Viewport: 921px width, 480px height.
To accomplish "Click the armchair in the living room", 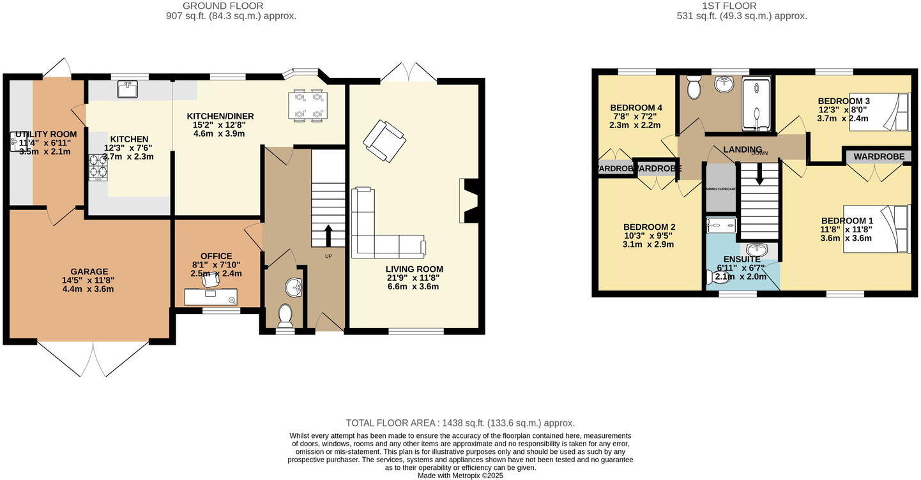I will coord(384,140).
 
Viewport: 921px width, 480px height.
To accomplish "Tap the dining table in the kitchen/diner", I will coord(308,105).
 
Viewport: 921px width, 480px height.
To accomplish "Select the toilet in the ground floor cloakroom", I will coord(285,314).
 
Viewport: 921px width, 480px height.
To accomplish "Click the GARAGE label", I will coord(89,271).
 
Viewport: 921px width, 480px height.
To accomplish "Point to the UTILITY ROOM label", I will coord(46,134).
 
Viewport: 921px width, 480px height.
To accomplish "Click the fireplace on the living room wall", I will coord(468,200).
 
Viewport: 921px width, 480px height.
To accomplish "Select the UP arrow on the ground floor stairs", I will coord(328,235).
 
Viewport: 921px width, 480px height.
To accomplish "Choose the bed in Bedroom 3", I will coord(879,112).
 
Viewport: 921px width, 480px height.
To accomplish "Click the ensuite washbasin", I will coord(758,250).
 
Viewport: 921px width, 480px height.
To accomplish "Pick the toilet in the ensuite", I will coord(716,277).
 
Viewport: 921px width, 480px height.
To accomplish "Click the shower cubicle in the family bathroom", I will coord(757,103).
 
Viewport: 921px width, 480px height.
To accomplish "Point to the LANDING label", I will coord(742,149).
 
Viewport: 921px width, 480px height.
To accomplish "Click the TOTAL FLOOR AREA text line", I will coord(460,423).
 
